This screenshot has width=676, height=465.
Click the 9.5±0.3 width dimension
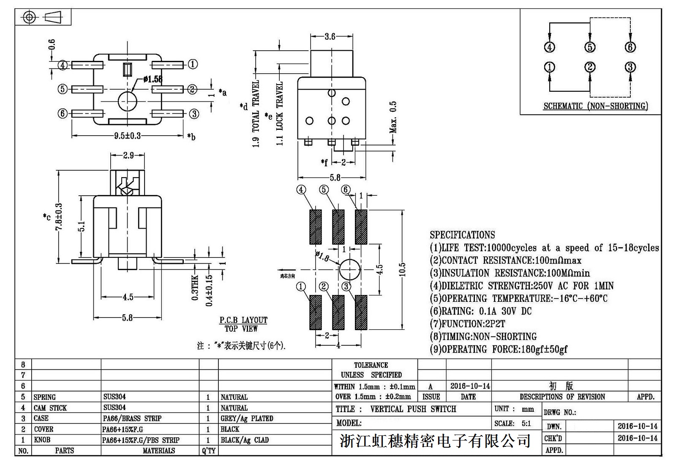pyautogui.click(x=127, y=136)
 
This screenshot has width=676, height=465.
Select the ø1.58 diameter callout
pyautogui.click(x=153, y=79)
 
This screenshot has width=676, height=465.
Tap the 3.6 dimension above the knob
pyautogui.click(x=330, y=37)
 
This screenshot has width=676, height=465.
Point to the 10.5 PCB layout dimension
pyautogui.click(x=402, y=270)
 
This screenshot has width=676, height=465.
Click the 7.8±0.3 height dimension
pyautogui.click(x=59, y=216)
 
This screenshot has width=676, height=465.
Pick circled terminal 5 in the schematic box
pyautogui.click(x=590, y=47)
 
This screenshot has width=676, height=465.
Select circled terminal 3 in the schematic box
pyautogui.click(x=630, y=67)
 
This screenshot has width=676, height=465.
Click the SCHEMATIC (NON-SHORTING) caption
pyautogui.click(x=595, y=106)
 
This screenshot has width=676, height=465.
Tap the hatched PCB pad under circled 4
pyautogui.click(x=315, y=227)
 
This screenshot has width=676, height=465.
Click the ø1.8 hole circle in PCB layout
pyautogui.click(x=349, y=269)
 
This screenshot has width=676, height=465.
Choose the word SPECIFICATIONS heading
pyautogui.click(x=462, y=235)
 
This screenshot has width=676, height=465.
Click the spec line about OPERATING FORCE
pyautogui.click(x=499, y=349)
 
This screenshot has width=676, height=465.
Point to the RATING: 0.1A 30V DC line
pyautogui.click(x=481, y=311)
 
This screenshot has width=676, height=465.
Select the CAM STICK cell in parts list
pyautogui.click(x=50, y=408)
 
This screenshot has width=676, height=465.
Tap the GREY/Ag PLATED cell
pyautogui.click(x=247, y=418)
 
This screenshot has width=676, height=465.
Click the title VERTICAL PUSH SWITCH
pyautogui.click(x=413, y=409)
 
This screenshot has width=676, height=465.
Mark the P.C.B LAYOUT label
pyautogui.click(x=243, y=320)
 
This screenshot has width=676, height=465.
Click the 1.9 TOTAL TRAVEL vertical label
pyautogui.click(x=256, y=113)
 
